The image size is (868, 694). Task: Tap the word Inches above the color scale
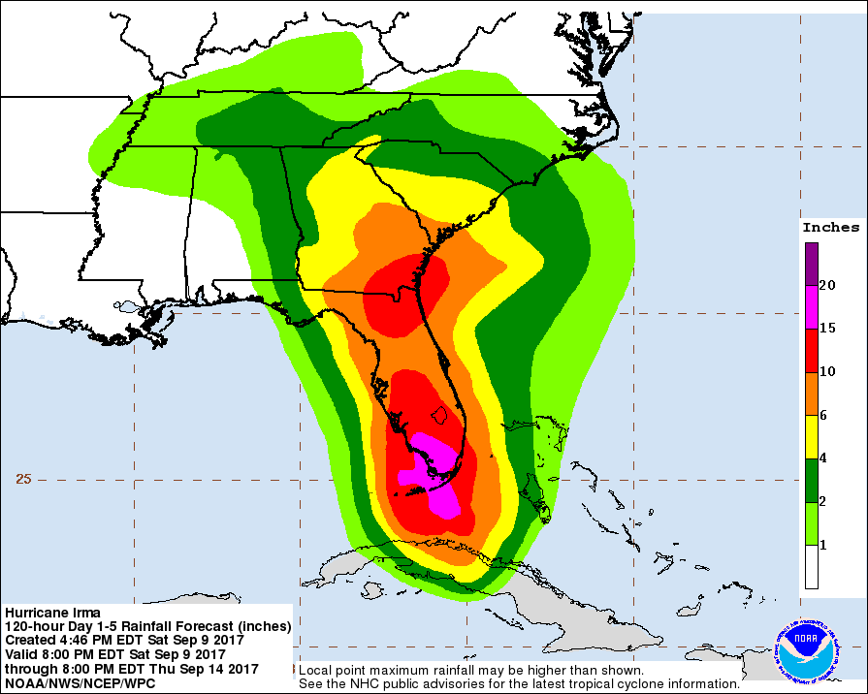tap(830, 228)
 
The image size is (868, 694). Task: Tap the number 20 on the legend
tap(827, 285)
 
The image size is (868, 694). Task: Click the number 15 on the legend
tap(827, 329)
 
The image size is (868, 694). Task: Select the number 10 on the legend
tap(827, 371)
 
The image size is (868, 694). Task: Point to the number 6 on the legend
tap(823, 415)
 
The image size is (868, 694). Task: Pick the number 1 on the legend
tap(823, 546)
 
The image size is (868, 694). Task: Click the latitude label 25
tap(24, 479)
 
